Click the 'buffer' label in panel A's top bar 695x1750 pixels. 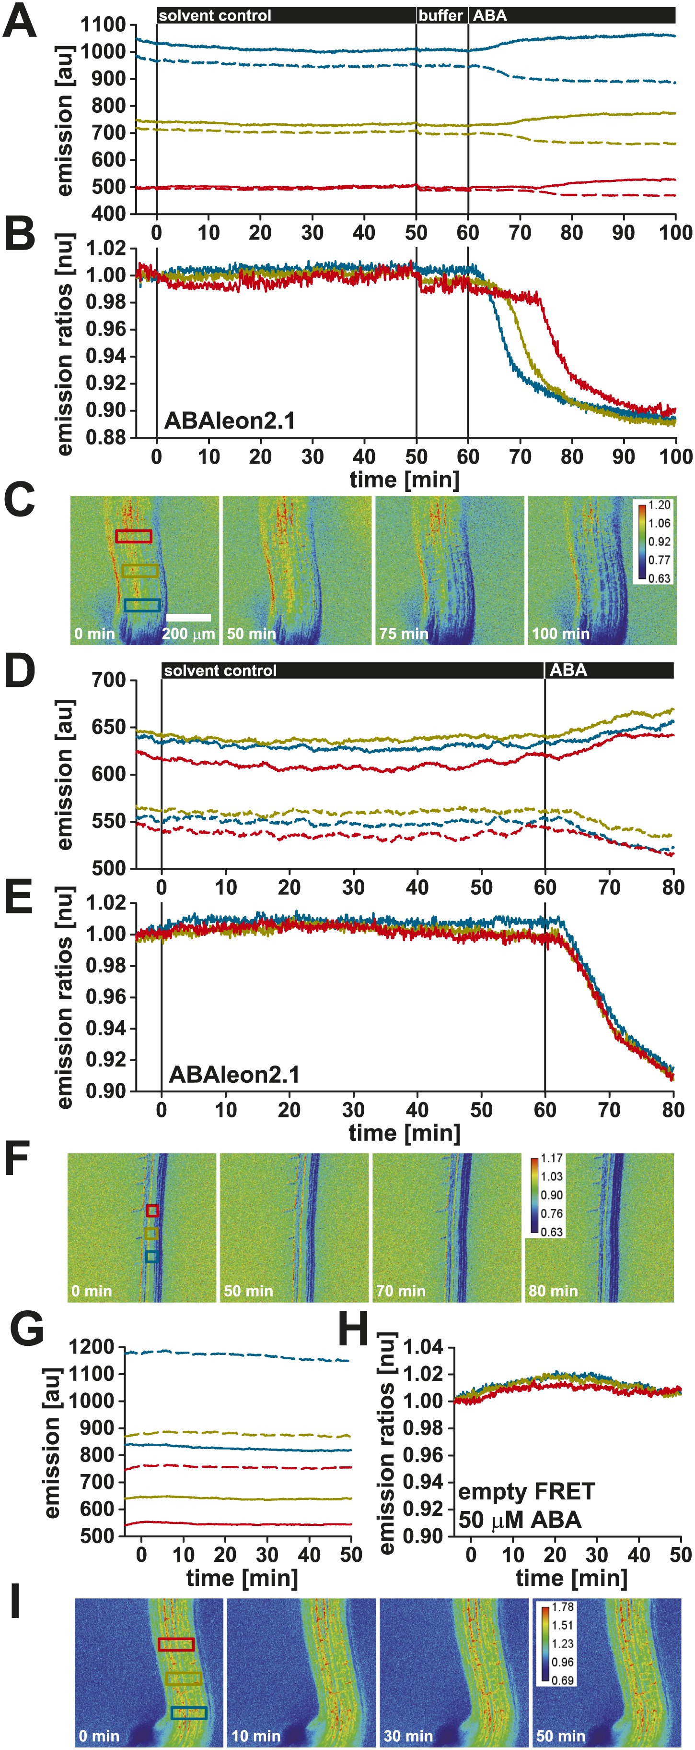click(440, 15)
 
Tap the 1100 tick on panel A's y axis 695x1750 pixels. click(103, 25)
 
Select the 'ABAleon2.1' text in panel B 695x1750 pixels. click(230, 421)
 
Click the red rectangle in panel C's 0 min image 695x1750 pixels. click(134, 537)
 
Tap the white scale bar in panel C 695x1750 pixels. click(188, 618)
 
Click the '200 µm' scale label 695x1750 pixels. click(188, 635)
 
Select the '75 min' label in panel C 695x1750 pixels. click(403, 634)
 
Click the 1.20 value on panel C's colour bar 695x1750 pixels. click(659, 505)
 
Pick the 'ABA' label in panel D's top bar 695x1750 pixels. click(568, 671)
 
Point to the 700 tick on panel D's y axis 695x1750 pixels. click(109, 680)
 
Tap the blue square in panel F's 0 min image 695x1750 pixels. click(152, 1257)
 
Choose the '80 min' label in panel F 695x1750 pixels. click(553, 1291)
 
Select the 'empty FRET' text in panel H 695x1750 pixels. click(526, 1492)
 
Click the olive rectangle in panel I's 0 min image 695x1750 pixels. click(183, 1678)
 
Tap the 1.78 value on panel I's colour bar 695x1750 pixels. click(563, 1607)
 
